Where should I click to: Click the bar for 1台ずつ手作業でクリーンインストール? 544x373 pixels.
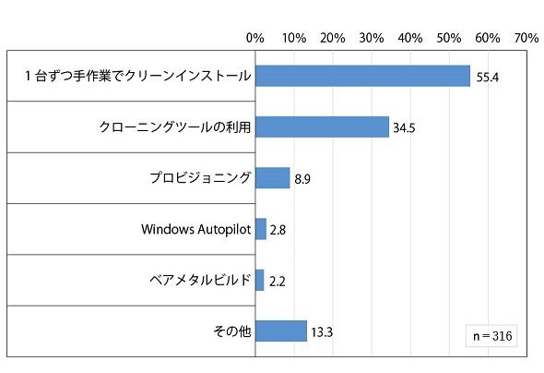(363, 76)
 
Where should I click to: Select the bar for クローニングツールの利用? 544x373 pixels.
(323, 127)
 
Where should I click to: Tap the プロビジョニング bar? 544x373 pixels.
(273, 178)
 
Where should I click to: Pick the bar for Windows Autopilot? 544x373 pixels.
(261, 229)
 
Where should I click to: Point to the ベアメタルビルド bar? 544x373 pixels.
(260, 281)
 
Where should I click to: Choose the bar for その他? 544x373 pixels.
(281, 331)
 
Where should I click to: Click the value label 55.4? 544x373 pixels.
(488, 78)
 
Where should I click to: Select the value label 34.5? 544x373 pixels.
(404, 128)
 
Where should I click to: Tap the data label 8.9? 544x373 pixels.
(302, 179)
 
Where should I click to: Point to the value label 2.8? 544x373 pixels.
(278, 230)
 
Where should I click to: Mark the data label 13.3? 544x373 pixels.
(322, 332)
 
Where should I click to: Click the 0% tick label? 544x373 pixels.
(255, 38)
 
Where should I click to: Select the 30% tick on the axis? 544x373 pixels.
(372, 38)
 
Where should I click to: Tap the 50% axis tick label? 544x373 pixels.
(449, 38)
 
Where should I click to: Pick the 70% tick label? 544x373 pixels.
(526, 38)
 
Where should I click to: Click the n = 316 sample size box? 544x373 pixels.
(491, 336)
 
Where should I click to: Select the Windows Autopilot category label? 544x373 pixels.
(196, 230)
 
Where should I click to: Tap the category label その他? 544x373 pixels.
(232, 331)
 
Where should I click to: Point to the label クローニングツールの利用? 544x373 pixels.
(175, 127)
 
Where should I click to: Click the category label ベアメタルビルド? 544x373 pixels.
(200, 280)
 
